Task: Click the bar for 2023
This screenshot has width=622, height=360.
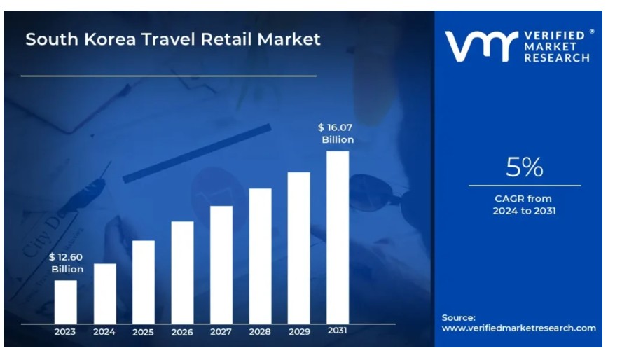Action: (65, 302)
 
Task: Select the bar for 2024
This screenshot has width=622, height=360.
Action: (105, 293)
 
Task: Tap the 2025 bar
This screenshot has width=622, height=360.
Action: (143, 282)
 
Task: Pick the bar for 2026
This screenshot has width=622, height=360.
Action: (183, 272)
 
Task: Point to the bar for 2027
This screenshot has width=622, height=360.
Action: (221, 265)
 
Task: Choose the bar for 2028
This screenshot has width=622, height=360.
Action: (261, 256)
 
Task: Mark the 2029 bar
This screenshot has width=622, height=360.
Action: (298, 248)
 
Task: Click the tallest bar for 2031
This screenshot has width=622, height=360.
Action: (338, 237)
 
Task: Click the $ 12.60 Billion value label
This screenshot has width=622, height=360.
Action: (67, 263)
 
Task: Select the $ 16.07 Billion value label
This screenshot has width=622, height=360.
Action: (336, 133)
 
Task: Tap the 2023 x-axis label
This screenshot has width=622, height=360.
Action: (65, 332)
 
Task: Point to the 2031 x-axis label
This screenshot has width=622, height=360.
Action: (337, 331)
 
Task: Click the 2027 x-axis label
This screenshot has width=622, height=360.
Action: (221, 332)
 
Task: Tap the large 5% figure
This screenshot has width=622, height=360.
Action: (525, 167)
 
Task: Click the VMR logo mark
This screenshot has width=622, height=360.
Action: (481, 46)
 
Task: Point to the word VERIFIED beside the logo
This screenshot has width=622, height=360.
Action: (555, 36)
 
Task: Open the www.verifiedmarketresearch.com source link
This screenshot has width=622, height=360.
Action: (519, 328)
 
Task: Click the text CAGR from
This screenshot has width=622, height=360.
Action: (523, 198)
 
